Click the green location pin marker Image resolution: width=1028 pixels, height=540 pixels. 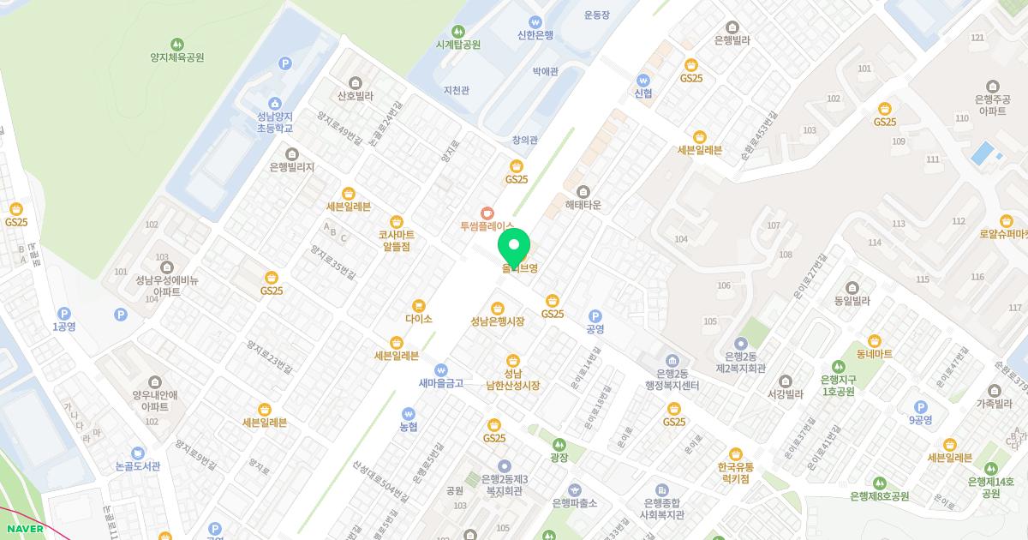click(x=514, y=248)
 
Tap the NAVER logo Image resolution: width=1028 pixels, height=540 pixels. click(x=23, y=529)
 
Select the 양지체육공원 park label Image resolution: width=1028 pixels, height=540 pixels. click(x=176, y=57)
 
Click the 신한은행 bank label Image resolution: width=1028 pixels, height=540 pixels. click(x=535, y=35)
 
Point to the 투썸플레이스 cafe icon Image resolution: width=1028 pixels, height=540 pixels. click(x=487, y=212)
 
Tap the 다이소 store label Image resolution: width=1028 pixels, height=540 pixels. click(x=419, y=318)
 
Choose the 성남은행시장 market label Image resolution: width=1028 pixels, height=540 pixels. click(x=497, y=321)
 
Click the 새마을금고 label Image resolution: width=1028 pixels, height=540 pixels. click(x=440, y=383)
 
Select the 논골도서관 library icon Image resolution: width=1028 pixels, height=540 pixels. click(x=137, y=452)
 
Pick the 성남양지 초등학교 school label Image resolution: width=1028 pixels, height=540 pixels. click(x=274, y=122)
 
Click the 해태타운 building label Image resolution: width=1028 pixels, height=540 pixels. click(x=583, y=205)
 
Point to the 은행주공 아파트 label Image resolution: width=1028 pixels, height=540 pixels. click(x=992, y=105)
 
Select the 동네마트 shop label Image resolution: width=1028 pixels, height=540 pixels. click(x=874, y=353)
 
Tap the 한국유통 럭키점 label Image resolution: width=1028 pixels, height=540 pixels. click(x=735, y=472)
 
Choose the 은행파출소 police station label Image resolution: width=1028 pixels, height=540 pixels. click(x=575, y=502)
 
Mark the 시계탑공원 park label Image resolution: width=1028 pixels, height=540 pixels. click(x=457, y=45)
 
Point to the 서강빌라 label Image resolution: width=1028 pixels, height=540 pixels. click(x=785, y=394)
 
